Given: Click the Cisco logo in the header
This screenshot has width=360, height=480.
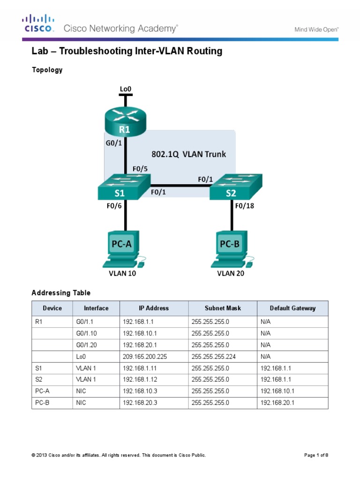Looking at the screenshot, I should pyautogui.click(x=39, y=23).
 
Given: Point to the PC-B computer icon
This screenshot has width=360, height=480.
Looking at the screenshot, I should pyautogui.click(x=232, y=248).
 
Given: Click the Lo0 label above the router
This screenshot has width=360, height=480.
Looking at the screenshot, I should pyautogui.click(x=125, y=88).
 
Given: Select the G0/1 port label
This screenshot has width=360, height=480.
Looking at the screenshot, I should pyautogui.click(x=113, y=144).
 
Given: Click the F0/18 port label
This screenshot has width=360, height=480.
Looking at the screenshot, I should pyautogui.click(x=245, y=205).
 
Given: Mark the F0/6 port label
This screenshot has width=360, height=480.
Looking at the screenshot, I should pyautogui.click(x=113, y=205).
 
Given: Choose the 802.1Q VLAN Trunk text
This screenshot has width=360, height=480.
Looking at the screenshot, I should pyautogui.click(x=188, y=154).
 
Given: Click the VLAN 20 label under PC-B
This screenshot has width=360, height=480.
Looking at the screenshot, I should pyautogui.click(x=231, y=274).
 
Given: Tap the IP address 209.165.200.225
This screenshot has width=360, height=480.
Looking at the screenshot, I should pyautogui.click(x=145, y=357).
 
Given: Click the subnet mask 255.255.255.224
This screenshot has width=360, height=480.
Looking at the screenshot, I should pyautogui.click(x=217, y=357).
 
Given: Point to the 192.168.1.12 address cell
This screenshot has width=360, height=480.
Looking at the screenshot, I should pyautogui.click(x=140, y=380).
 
